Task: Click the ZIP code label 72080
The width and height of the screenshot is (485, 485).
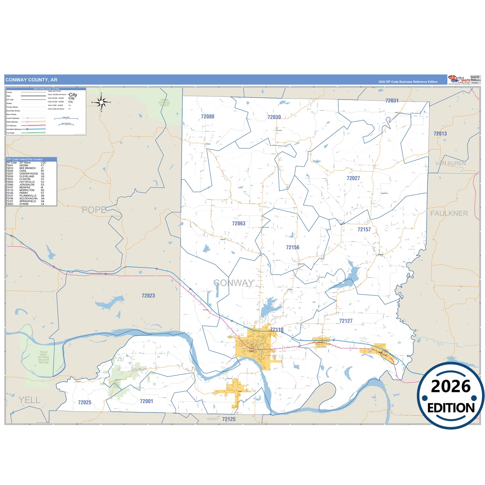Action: pos(207,116)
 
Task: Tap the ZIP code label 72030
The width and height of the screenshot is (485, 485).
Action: pos(274,117)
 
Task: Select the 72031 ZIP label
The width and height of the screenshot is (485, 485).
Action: pos(392,101)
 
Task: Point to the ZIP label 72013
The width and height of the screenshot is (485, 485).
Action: pos(440,134)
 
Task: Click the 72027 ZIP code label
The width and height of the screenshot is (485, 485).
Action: pos(353,178)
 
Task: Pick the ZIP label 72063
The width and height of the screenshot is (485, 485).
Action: pos(239,224)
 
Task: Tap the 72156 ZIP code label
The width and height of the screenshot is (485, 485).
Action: pos(292,247)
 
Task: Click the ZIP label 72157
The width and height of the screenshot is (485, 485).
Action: pos(364,230)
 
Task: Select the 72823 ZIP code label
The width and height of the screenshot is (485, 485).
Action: pos(148,296)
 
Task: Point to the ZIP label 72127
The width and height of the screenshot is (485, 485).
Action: pos(346,321)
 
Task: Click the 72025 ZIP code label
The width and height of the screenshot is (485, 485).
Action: pos(85,402)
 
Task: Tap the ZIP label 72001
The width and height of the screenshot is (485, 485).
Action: pos(146,401)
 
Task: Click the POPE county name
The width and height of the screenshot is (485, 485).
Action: pos(94,210)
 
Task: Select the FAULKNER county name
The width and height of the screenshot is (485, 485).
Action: pos(449,213)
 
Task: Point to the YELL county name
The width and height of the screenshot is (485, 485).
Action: pos(29,400)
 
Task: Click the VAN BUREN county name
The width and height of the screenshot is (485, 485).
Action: pos(450,163)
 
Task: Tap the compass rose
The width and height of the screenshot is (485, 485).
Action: pos(101,102)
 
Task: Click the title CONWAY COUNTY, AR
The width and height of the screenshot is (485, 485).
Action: pos(32,80)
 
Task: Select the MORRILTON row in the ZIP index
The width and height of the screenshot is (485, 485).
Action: pos(27,190)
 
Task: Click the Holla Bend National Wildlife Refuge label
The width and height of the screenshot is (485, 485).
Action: pos(44,357)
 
